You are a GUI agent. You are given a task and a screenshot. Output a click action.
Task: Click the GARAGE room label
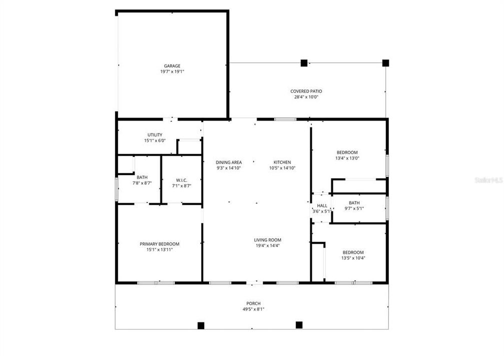pos(172,66)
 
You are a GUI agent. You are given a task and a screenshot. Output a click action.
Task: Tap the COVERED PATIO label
pos(306,91)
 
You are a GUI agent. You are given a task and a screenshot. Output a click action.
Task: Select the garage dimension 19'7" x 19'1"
pos(172,72)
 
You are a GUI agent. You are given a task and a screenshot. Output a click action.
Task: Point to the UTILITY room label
pos(155,135)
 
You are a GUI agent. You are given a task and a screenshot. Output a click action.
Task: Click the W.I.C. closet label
pos(181,180)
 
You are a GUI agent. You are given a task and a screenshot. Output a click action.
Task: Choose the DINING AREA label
pos(229,162)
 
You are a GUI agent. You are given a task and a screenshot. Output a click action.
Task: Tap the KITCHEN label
pos(282,162)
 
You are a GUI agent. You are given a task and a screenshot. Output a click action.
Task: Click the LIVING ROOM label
pos(268,240)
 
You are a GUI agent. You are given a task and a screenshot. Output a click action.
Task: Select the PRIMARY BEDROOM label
pos(159,244)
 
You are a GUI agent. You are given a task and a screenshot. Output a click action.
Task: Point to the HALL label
pos(322,205)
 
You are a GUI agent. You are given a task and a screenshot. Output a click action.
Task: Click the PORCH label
pos(253,303)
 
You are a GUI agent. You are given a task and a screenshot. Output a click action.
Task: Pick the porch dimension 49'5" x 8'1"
pos(253,309)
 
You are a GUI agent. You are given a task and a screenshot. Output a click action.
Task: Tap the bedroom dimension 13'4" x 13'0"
pos(347,158)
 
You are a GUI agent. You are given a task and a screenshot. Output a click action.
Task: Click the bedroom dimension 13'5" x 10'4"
pos(353,258)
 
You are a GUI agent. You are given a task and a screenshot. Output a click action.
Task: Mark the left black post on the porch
pos(201,325)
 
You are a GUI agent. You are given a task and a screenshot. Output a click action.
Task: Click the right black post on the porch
pos(299,325)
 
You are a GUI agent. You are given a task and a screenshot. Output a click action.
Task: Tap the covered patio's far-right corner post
pos(385,63)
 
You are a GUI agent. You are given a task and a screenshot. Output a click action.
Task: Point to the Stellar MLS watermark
pos(488,179)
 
